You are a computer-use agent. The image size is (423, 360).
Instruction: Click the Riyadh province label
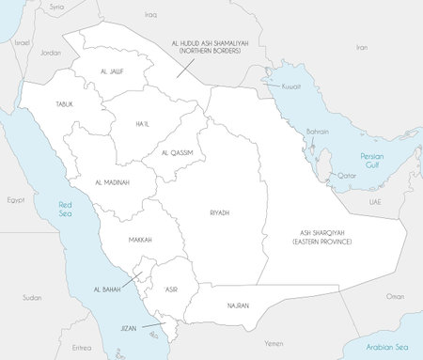click(x=220, y=213)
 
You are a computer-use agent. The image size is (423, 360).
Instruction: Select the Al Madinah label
click(x=112, y=181)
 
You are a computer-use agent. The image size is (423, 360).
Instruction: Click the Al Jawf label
click(x=111, y=71)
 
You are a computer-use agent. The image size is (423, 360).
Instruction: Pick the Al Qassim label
click(x=177, y=153)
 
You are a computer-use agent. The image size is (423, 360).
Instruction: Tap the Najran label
click(x=238, y=305)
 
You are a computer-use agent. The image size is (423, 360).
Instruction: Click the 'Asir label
click(x=170, y=290)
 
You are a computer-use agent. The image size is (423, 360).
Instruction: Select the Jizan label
click(x=130, y=329)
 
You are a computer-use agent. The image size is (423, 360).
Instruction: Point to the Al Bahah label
click(x=106, y=290)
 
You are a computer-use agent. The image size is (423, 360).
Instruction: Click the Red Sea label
click(x=66, y=210)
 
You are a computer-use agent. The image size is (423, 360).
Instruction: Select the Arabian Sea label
click(x=385, y=347)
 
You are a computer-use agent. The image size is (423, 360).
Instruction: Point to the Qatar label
click(x=348, y=176)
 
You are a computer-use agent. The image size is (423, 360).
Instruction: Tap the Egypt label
click(x=15, y=200)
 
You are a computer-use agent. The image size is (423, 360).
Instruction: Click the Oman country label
click(x=395, y=296)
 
